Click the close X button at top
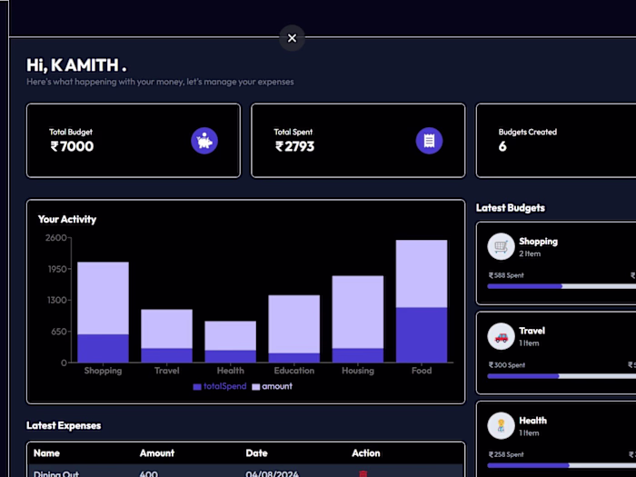(292, 38)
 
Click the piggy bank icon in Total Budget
(204, 141)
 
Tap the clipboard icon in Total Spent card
(429, 141)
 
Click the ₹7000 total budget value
(72, 146)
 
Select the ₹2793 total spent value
(295, 146)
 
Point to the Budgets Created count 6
(502, 146)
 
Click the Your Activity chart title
(67, 219)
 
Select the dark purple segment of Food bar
(421, 334)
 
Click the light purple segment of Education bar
(293, 323)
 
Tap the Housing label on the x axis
(357, 371)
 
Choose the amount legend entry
(272, 386)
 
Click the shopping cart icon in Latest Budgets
(501, 246)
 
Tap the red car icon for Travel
(501, 336)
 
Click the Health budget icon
(501, 425)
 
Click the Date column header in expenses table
(256, 452)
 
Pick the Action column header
(366, 452)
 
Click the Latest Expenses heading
(64, 425)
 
